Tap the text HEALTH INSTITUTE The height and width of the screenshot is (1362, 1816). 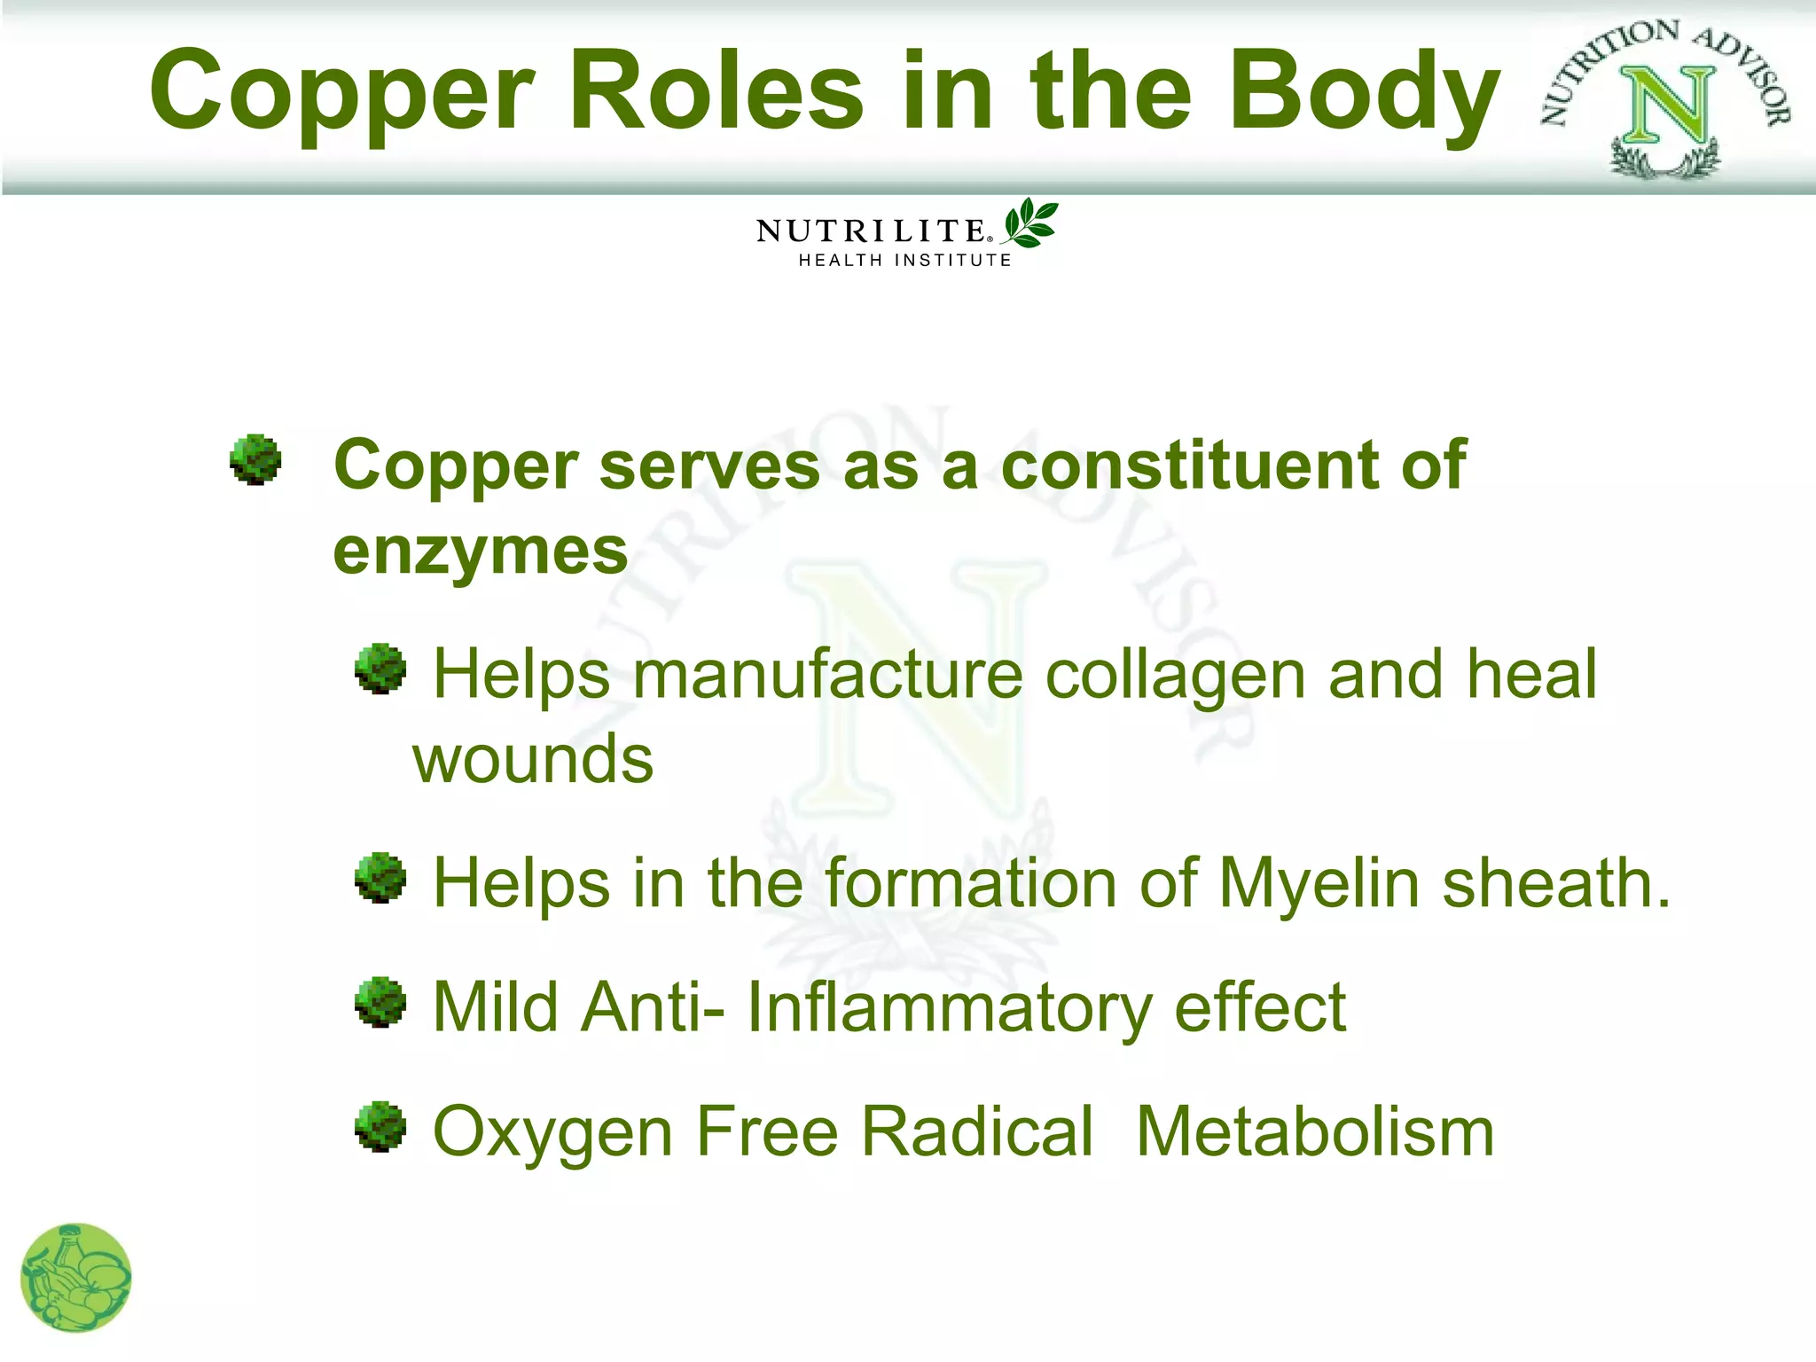point(904,261)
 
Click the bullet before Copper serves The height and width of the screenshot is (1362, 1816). point(255,459)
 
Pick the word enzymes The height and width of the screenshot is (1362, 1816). point(480,552)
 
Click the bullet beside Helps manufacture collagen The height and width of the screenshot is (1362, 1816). point(380,669)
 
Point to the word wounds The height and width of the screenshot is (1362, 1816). point(533,760)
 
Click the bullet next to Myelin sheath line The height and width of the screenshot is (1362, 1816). point(380,878)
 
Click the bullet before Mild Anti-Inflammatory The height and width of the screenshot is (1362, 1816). point(380,1002)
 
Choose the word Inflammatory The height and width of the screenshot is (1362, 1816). point(949,1008)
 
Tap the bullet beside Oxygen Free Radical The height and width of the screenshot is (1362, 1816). point(380,1126)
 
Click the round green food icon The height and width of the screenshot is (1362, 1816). point(76,1278)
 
